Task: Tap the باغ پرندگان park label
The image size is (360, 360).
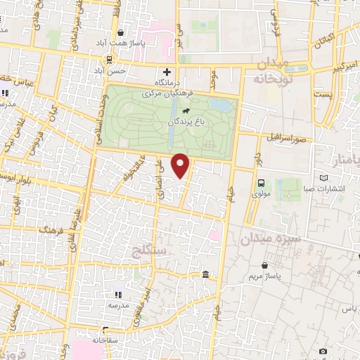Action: [186, 122]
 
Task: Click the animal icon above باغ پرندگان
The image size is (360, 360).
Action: [185, 111]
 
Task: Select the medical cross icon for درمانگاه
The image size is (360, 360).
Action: [167, 71]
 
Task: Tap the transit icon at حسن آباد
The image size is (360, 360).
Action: [108, 60]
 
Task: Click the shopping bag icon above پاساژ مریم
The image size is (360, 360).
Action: [264, 266]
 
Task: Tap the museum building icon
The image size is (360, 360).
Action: [205, 274]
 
